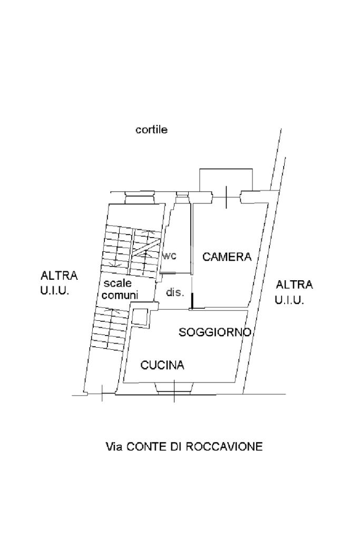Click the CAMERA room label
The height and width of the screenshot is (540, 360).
pyautogui.click(x=227, y=257)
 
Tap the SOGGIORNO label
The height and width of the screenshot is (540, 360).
pyautogui.click(x=214, y=332)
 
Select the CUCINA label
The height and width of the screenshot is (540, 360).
pyautogui.click(x=162, y=365)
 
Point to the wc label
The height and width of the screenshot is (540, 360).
pyautogui.click(x=169, y=256)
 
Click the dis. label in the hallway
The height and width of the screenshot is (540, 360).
pyautogui.click(x=175, y=292)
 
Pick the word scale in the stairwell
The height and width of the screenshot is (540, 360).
pyautogui.click(x=114, y=284)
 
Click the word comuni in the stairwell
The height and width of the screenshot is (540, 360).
pyautogui.click(x=120, y=295)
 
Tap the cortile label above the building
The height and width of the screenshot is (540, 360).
pyautogui.click(x=151, y=130)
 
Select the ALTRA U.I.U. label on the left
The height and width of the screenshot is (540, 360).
pyautogui.click(x=59, y=283)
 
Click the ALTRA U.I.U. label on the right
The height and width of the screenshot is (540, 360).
pyautogui.click(x=294, y=292)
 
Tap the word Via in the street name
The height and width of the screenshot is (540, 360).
pyautogui.click(x=114, y=447)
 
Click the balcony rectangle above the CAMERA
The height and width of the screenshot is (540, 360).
pyautogui.click(x=226, y=180)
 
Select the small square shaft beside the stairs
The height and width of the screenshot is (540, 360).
pyautogui.click(x=141, y=317)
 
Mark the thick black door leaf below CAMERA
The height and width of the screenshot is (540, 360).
pyautogui.click(x=192, y=301)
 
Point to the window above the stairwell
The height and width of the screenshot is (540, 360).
pyautogui.click(x=139, y=198)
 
